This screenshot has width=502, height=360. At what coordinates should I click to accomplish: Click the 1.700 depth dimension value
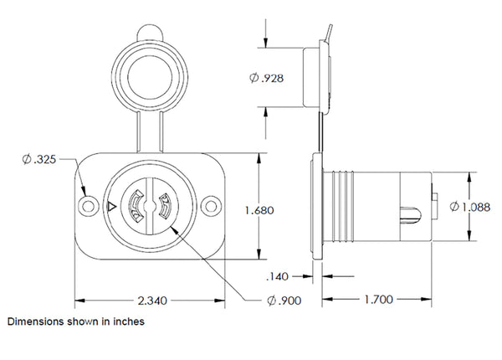click(376, 297)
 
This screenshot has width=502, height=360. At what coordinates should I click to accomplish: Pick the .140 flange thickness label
click(277, 275)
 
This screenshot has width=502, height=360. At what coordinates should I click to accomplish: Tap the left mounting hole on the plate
click(88, 204)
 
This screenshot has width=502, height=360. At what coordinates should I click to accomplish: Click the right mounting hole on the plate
click(210, 204)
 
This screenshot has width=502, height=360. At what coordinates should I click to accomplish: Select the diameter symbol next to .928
click(254, 78)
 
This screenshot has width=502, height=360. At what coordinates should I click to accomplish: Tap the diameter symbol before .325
click(27, 160)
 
